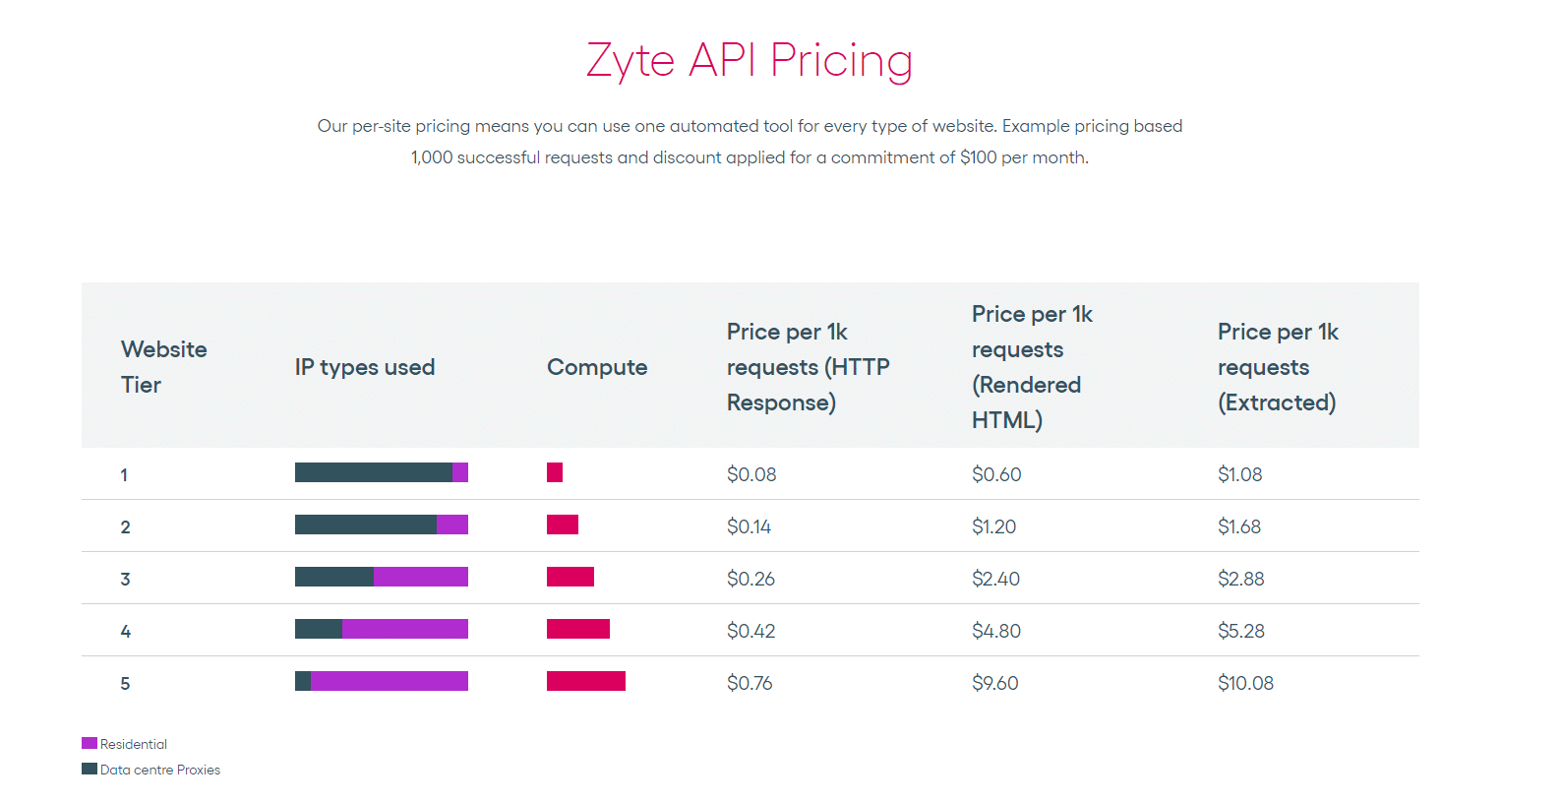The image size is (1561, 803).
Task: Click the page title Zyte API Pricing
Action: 750,61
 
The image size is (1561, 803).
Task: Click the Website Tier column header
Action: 163,367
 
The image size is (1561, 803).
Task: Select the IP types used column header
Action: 365,367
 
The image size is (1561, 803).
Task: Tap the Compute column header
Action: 597,367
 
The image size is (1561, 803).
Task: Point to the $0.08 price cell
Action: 751,474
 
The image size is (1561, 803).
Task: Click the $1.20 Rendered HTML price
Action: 993,526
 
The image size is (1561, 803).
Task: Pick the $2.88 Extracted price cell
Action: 1240,579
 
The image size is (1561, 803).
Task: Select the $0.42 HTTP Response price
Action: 750,631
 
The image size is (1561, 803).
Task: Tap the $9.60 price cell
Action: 994,683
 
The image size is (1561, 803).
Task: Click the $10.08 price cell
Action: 1245,683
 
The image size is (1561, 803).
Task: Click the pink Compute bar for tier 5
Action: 586,681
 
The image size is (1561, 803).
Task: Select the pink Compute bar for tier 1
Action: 555,472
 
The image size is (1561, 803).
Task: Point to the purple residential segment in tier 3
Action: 421,577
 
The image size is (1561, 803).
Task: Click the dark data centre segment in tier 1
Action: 373,472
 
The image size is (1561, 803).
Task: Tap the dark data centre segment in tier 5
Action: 303,681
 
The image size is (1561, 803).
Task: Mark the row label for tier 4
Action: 125,631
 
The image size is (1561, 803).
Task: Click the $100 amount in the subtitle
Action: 978,157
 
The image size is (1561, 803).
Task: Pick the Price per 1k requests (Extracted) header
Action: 1278,367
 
